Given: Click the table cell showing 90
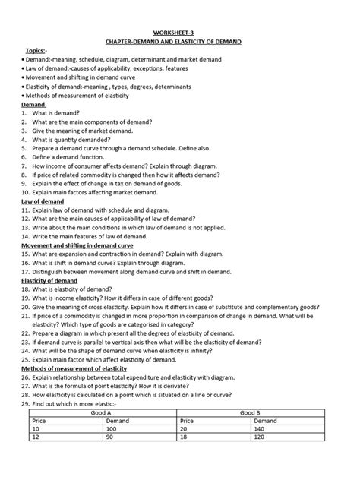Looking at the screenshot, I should (x=113, y=439).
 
